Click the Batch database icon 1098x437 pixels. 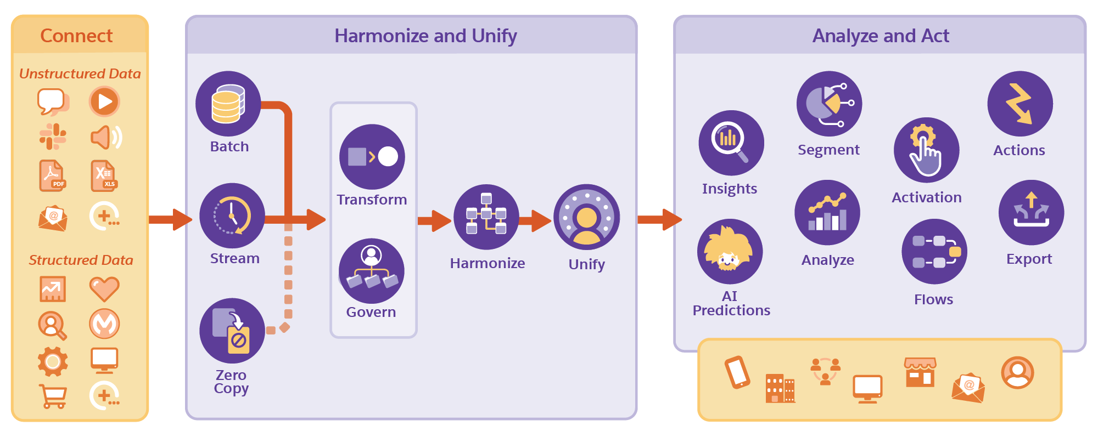[x=228, y=104]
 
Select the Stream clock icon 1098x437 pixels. [x=232, y=215]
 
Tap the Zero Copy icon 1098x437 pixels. [x=232, y=331]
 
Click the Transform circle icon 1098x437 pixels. [x=372, y=157]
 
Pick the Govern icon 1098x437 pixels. [x=372, y=271]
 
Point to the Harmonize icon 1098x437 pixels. [x=486, y=217]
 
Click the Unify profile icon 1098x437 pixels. [x=586, y=217]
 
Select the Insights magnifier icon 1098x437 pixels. [x=731, y=143]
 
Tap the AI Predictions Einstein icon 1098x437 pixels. [x=730, y=252]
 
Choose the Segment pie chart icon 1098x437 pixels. [x=829, y=104]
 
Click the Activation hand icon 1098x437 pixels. [x=926, y=150]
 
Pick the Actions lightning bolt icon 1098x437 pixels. [x=1019, y=104]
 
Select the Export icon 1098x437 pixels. [x=1031, y=212]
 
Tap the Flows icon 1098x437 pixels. [x=934, y=252]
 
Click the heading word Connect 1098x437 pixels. [x=76, y=36]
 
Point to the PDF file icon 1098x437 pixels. [x=52, y=176]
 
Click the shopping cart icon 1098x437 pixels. [x=53, y=396]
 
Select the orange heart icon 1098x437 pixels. [x=104, y=288]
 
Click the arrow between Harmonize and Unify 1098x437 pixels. [x=534, y=220]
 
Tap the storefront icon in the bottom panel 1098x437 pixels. [x=920, y=372]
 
